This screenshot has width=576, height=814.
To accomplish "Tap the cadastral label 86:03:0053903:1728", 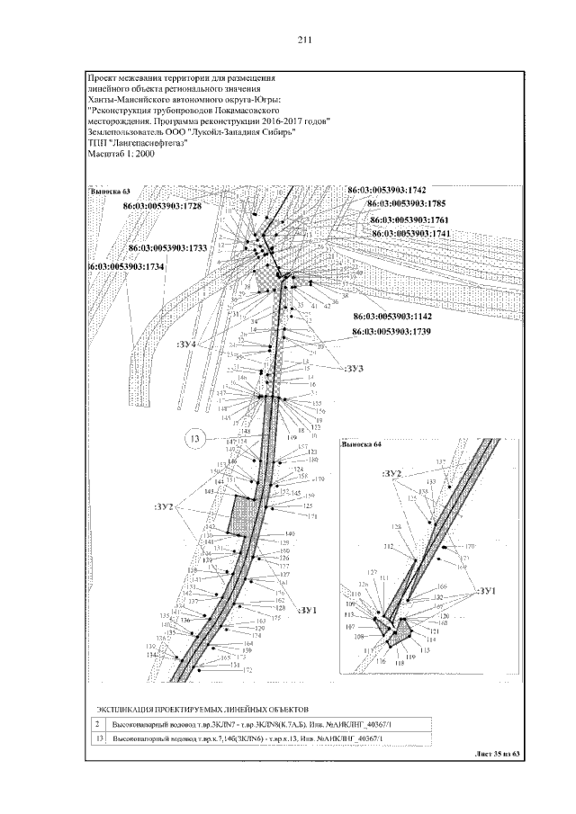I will tap(178, 207).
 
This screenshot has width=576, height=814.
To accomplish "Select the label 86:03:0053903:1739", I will tap(393, 332).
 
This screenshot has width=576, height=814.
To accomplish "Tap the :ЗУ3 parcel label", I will tap(353, 368).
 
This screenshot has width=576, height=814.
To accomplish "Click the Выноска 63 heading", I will tap(110, 191).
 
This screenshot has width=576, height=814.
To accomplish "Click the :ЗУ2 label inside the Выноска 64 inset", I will tap(391, 473).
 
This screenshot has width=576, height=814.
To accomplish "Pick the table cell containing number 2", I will tap(97, 722).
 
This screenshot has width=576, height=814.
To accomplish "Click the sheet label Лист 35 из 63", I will tap(497, 754).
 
